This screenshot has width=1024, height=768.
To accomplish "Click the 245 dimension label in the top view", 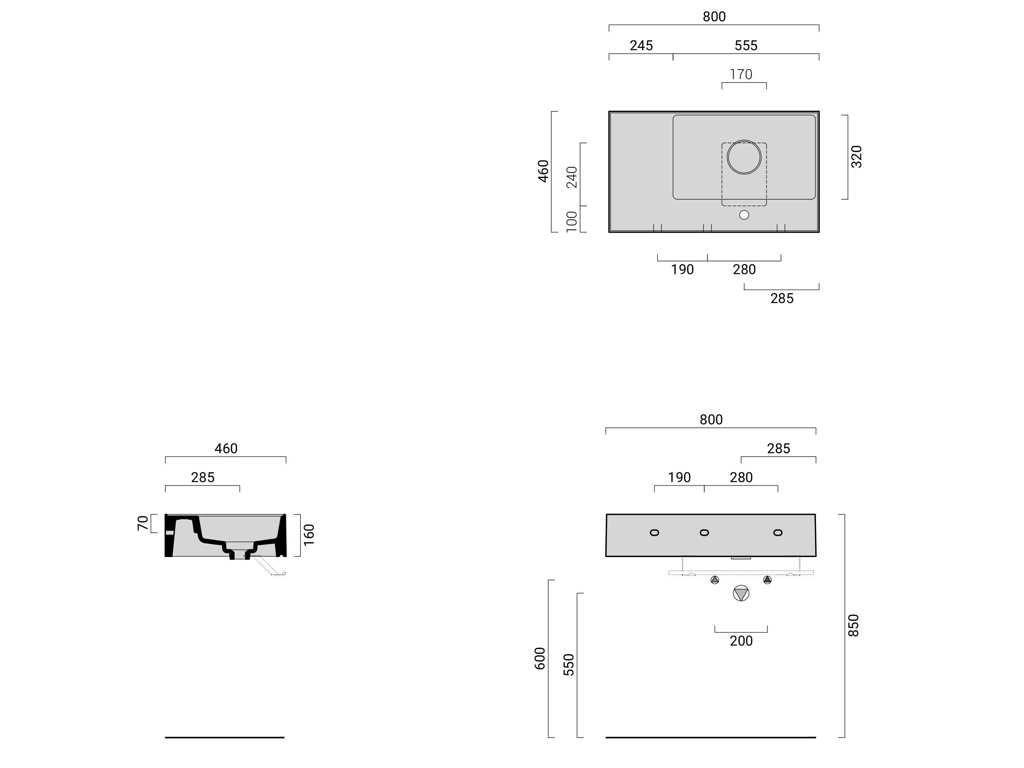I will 641,45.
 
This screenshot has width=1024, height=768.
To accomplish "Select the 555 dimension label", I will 746,45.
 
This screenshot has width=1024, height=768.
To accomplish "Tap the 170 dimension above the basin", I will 741,74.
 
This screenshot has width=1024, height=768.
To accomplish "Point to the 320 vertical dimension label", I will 856,157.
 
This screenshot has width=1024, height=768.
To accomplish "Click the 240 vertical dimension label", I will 572,177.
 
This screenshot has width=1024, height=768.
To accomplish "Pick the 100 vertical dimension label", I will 572,221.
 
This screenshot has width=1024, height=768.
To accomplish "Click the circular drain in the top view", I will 744,157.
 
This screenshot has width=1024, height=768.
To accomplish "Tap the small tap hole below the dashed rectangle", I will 744,215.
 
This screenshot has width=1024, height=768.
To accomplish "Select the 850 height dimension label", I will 853,625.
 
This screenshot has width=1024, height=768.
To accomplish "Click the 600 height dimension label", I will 540,658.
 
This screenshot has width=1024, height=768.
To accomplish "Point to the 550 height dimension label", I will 569,664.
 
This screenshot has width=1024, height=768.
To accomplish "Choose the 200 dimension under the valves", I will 741,641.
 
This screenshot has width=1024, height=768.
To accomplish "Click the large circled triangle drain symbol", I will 741,593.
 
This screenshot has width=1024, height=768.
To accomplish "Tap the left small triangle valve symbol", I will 715,579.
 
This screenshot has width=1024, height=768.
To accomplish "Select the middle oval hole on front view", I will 704,532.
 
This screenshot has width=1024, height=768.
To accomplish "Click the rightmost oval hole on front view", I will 778,532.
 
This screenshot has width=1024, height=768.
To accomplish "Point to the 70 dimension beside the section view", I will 143,523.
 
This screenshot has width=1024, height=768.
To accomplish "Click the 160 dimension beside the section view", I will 309,535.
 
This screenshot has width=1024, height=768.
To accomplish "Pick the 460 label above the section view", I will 226,448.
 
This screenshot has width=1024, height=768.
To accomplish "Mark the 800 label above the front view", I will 711,419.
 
